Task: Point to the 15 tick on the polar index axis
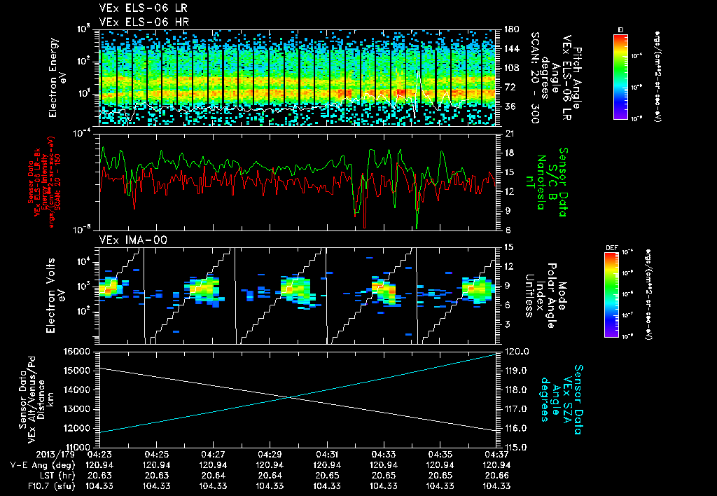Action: (506, 247)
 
